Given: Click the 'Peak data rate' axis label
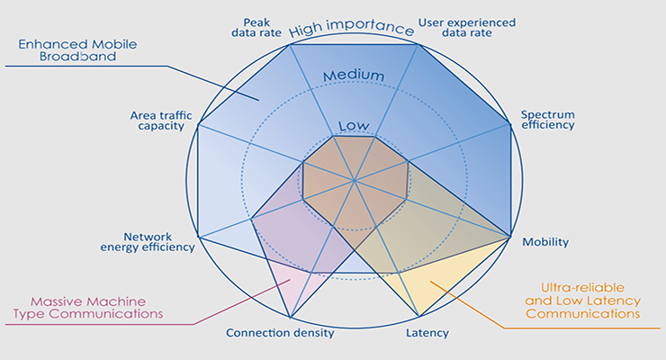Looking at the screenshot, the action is [x=256, y=28].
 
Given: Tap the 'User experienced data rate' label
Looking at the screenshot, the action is [x=467, y=28].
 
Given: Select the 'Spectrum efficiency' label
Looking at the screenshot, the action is [x=548, y=120].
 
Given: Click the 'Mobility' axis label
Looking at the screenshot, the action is [x=545, y=242].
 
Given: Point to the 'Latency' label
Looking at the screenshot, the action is [x=427, y=333].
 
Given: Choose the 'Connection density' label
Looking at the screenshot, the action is [x=280, y=333].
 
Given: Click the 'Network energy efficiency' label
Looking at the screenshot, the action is [x=148, y=242].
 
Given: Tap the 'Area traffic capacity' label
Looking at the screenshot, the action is [x=161, y=121].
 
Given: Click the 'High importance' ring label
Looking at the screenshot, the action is [x=351, y=28].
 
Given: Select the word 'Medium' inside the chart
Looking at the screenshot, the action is [x=354, y=76].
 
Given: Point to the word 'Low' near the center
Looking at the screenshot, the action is [x=354, y=126].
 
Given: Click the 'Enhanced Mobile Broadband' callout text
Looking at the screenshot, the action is [x=77, y=50].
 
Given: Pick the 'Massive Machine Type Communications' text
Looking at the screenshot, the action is [x=88, y=308].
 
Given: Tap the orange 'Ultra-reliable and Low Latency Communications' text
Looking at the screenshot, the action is [x=583, y=301].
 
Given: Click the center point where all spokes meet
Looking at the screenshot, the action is [x=355, y=181].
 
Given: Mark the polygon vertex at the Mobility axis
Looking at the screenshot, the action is [x=510, y=237].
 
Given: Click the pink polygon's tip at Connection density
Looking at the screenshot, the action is [x=290, y=317].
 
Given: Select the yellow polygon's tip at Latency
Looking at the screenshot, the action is [x=419, y=316].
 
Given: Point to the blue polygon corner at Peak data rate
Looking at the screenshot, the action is [x=290, y=45].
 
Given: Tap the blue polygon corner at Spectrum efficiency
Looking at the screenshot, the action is [x=510, y=124].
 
